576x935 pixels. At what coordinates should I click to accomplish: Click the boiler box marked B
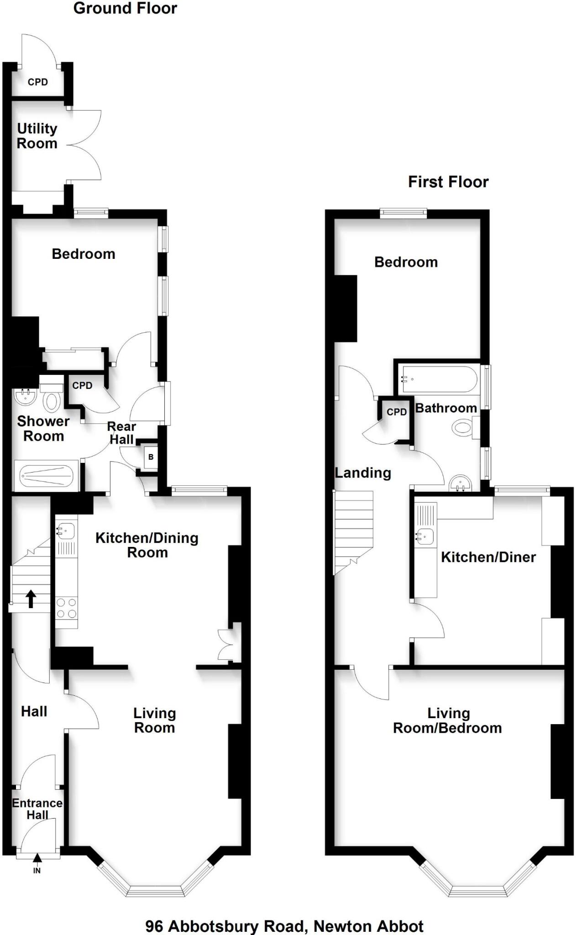coord(151,457)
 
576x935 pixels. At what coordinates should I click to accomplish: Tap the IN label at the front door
coord(37,871)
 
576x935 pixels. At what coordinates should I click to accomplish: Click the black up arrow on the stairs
coord(31,599)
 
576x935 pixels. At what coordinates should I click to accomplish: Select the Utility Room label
coord(37,136)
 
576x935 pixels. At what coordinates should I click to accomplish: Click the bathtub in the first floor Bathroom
coord(438,379)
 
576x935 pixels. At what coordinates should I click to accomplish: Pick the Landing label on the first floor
coord(363,473)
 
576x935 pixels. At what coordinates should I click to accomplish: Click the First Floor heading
coord(448,182)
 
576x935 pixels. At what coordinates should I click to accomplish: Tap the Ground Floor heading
coord(125,8)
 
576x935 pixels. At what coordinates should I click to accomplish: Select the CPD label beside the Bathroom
coord(397,412)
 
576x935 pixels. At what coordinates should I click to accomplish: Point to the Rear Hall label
coord(121,433)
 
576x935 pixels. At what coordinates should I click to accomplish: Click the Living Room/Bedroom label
coord(447,720)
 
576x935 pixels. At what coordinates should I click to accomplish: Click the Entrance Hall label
coord(37,809)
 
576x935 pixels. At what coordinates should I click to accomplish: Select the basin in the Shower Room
coord(26,397)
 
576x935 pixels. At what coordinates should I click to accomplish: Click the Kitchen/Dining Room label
coord(147,545)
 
